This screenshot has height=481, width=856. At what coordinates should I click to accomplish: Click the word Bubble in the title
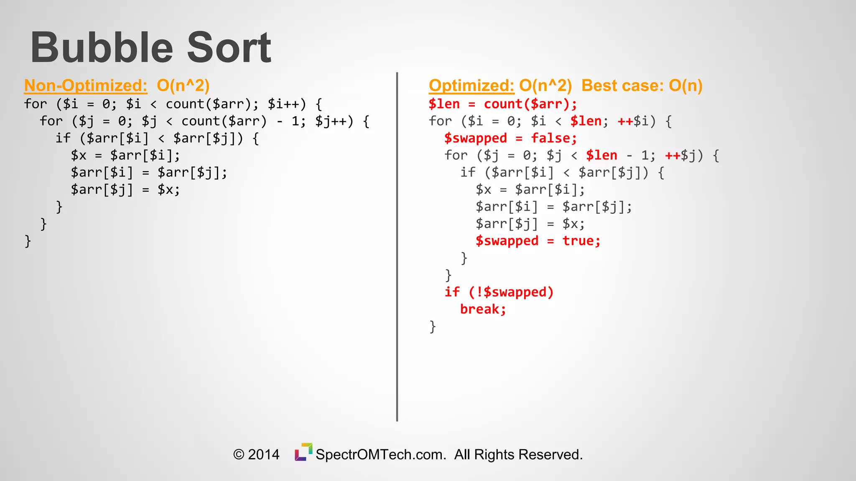click(x=102, y=48)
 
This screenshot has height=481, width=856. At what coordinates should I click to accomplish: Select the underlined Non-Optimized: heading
click(x=86, y=86)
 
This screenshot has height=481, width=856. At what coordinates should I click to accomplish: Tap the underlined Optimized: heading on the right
click(x=471, y=86)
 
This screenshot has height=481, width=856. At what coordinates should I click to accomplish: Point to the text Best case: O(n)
click(x=642, y=86)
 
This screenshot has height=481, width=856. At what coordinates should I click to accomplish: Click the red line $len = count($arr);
click(x=503, y=104)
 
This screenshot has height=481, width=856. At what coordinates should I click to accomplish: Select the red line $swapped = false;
click(x=510, y=138)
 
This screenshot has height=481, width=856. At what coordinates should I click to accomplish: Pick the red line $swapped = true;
click(x=538, y=241)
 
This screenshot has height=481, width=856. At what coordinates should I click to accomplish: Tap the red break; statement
click(x=483, y=309)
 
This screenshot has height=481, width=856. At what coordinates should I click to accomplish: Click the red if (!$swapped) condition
click(x=499, y=292)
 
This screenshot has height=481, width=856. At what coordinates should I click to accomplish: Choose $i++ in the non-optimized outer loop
click(x=283, y=104)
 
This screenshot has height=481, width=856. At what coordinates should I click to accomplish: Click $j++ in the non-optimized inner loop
click(x=330, y=121)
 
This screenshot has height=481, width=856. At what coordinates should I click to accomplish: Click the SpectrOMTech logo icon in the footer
click(x=303, y=452)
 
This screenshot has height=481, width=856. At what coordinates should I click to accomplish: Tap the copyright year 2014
click(x=263, y=454)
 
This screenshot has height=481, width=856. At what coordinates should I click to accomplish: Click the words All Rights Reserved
click(x=518, y=454)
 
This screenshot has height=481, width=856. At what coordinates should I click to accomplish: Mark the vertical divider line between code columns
click(x=397, y=246)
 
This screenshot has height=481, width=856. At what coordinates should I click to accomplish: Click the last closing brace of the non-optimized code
click(x=28, y=241)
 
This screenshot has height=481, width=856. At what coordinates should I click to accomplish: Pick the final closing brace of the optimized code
click(x=433, y=327)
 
